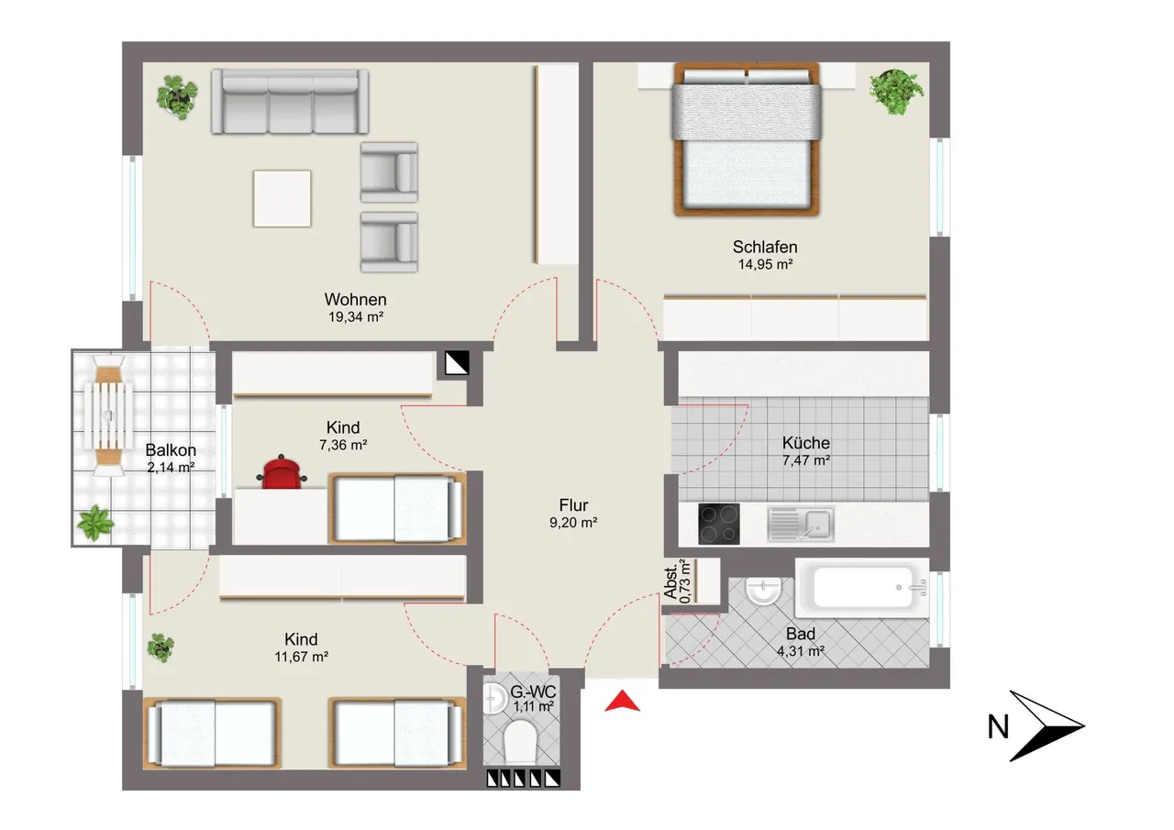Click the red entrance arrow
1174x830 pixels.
pyautogui.click(x=622, y=701)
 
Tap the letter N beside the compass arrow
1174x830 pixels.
pyautogui.click(x=998, y=726)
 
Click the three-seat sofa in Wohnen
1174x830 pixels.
pyautogui.click(x=290, y=102)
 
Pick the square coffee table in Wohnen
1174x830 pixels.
pyautogui.click(x=282, y=199)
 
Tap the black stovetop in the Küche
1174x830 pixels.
pyautogui.click(x=718, y=524)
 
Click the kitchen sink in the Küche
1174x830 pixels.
pyautogui.click(x=801, y=524)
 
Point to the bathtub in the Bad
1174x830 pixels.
pyautogui.click(x=861, y=587)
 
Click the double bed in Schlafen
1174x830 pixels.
pyautogui.click(x=747, y=139)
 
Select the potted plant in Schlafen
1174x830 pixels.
pyautogui.click(x=896, y=91)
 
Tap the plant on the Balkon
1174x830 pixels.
pyautogui.click(x=94, y=523)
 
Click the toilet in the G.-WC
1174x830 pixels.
pyautogui.click(x=519, y=742)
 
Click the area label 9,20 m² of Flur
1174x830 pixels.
pyautogui.click(x=573, y=523)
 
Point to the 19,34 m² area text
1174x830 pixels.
pyautogui.click(x=356, y=317)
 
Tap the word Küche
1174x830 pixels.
pyautogui.click(x=806, y=443)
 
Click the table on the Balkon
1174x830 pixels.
pyautogui.click(x=108, y=415)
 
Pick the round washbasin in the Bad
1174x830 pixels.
pyautogui.click(x=764, y=592)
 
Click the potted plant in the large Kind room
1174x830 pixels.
pyautogui.click(x=161, y=647)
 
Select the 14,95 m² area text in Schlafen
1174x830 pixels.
pyautogui.click(x=765, y=265)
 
